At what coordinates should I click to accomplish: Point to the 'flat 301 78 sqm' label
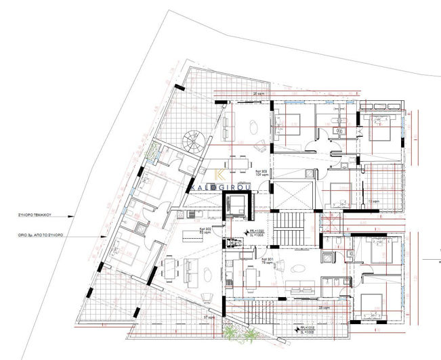[266, 259]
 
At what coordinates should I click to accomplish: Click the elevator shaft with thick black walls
[238, 203]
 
